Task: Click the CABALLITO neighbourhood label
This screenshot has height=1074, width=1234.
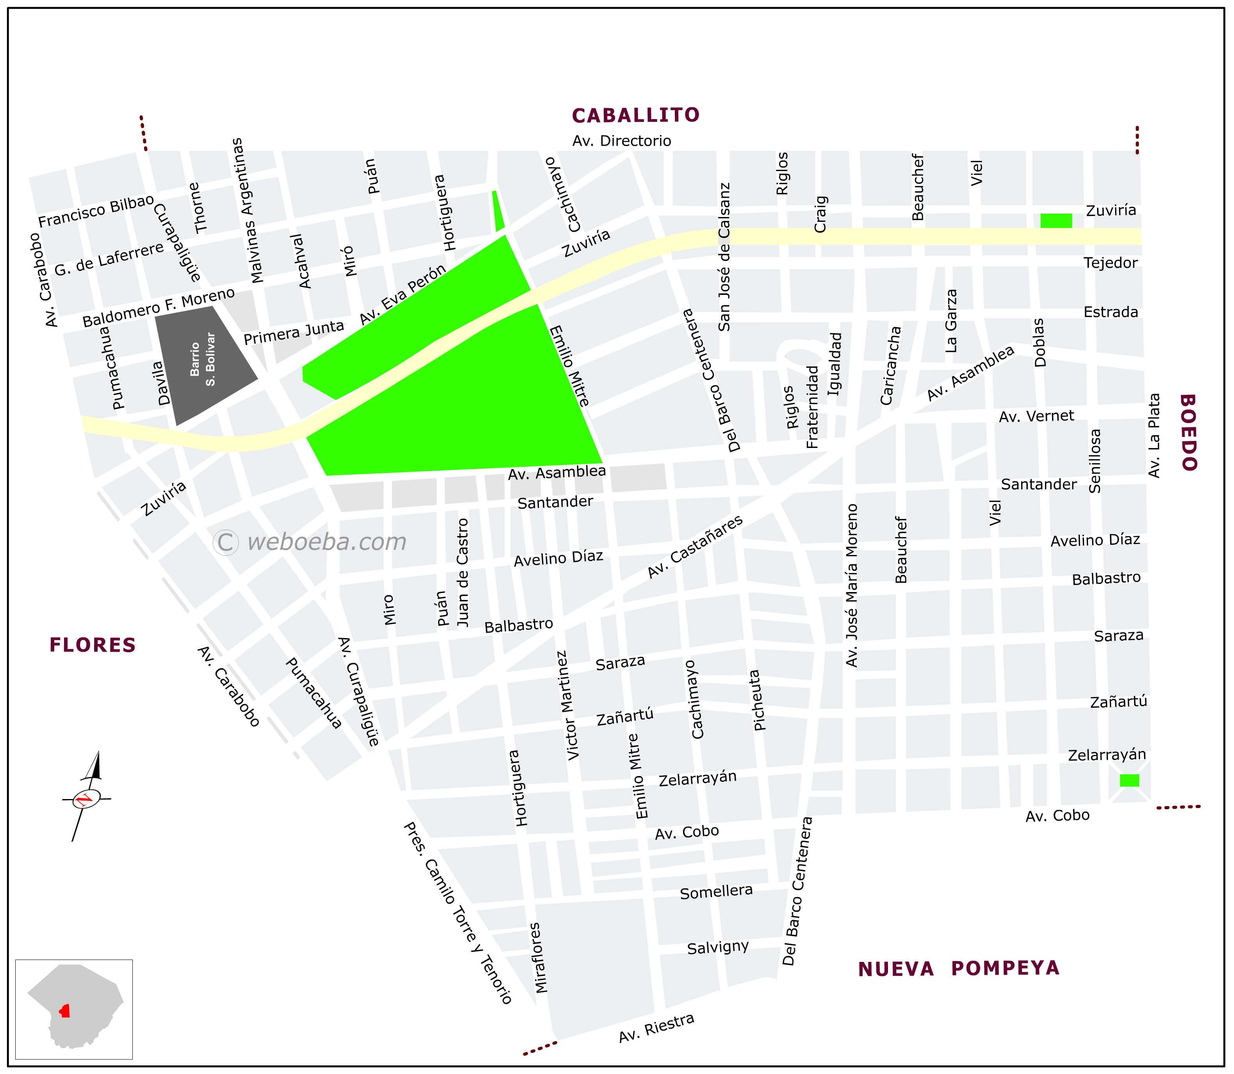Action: pos(635,115)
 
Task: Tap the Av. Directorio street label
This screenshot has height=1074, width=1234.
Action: pos(622,141)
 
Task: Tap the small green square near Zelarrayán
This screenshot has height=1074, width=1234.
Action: pos(1129,780)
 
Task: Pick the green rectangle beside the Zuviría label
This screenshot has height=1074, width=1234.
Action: pos(1056,221)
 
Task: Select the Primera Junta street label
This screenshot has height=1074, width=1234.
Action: pos(294,332)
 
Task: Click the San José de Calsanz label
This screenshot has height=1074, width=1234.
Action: pos(724,258)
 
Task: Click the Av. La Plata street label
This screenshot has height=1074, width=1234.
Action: pos(1154,436)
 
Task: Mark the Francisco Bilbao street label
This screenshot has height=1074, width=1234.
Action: pos(96,211)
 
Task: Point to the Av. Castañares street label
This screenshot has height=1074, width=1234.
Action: pos(695,547)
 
